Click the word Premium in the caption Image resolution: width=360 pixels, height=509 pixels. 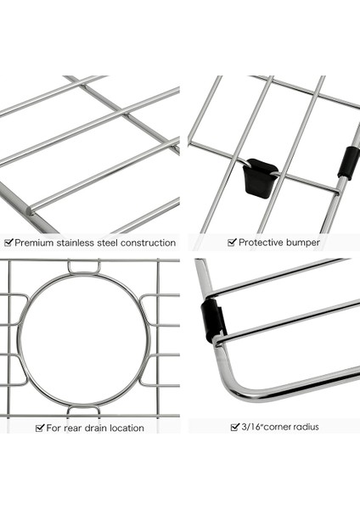click(x=34, y=243)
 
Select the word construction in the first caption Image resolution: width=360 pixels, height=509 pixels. click(x=148, y=243)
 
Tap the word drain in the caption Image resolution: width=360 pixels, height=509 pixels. click(x=95, y=428)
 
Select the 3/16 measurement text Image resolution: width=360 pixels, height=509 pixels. click(x=252, y=427)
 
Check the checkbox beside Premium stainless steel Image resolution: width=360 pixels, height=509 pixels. click(x=8, y=243)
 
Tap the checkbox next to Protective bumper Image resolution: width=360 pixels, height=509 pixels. click(x=232, y=242)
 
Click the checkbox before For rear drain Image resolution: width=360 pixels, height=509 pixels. click(x=40, y=428)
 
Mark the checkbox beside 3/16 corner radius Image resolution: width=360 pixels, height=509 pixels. click(x=235, y=427)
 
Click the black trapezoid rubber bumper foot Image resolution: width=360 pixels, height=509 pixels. click(x=260, y=178)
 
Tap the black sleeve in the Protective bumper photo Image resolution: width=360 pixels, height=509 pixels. click(x=348, y=163)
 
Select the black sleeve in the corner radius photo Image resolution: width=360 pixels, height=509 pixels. click(x=212, y=320)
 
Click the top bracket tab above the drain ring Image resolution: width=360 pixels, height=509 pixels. click(x=84, y=266)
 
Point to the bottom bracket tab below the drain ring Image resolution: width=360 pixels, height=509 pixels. click(x=83, y=410)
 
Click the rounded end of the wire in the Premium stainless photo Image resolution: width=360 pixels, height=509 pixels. click(x=31, y=210)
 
